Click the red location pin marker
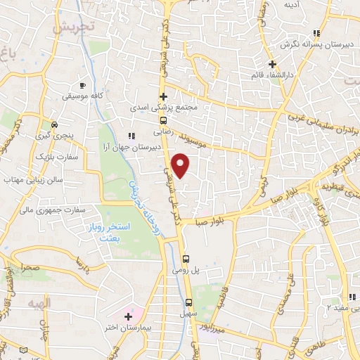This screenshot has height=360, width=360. coord(181,166)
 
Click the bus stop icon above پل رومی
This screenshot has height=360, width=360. coord(186,258)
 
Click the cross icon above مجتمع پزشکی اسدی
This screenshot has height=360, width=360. coord(163,97)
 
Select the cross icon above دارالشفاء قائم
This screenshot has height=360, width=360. coord(271,64)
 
